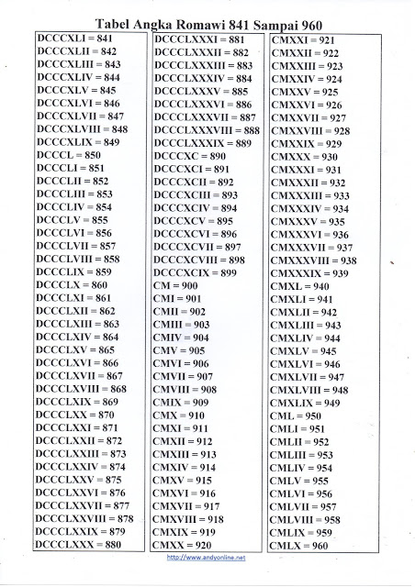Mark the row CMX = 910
pyautogui.click(x=184, y=415)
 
